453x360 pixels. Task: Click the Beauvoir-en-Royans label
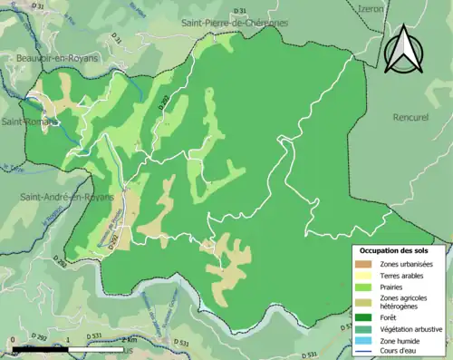(57, 57)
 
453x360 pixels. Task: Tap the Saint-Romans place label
(27, 121)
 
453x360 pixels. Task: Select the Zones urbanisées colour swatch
(366, 264)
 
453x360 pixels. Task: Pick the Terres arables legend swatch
(366, 276)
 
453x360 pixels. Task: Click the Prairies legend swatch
(366, 287)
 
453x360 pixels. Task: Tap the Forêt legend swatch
(366, 317)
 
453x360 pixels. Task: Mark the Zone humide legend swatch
(366, 341)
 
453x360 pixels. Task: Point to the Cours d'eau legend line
(366, 353)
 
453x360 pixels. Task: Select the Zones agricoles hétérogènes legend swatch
(366, 303)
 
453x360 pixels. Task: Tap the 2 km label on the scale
(128, 340)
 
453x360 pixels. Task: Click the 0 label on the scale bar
(12, 340)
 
